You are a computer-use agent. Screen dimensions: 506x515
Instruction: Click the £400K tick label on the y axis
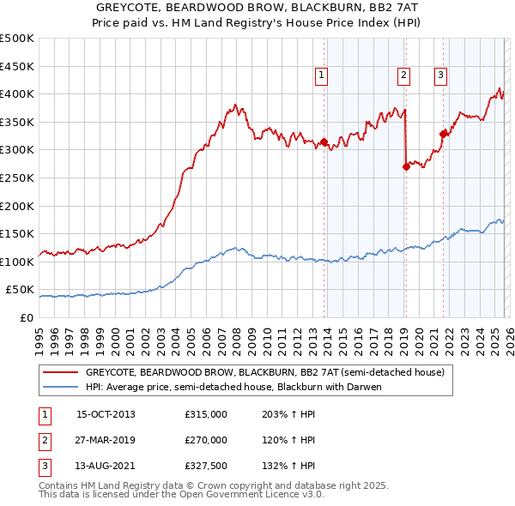tap(17, 93)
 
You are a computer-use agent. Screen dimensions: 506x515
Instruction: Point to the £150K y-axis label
tap(17, 233)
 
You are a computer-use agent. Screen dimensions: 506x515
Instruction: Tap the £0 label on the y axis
tap(26, 317)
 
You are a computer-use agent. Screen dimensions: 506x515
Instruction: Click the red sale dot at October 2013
tap(324, 142)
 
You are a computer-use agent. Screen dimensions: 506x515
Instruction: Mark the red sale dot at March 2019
tap(406, 167)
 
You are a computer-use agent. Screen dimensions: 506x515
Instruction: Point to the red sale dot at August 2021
tap(443, 134)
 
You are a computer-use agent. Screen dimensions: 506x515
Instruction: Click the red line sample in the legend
tap(60, 373)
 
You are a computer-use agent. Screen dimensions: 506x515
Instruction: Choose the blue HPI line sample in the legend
tap(60, 387)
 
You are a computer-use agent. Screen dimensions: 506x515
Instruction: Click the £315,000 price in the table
tap(205, 414)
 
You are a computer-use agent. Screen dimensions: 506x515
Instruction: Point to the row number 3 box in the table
tap(42, 466)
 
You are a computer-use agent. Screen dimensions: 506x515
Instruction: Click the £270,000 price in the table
tap(205, 440)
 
